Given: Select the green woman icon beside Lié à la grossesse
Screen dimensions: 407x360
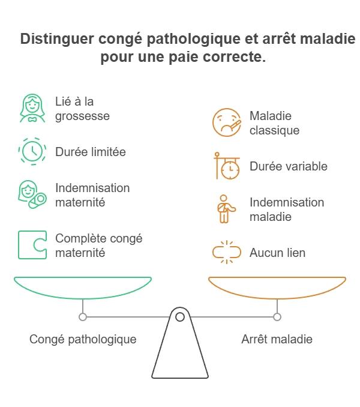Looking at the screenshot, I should point(32,108).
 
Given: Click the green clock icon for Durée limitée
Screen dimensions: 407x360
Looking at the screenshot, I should point(32,152).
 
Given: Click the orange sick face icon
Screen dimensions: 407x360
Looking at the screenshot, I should point(227,122).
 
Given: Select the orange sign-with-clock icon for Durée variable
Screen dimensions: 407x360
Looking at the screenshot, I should point(227,166).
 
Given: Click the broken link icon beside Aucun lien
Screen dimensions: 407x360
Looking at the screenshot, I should point(227,253).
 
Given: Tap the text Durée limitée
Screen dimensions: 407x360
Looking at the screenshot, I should point(90,152).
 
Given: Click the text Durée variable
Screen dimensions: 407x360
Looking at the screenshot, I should point(288,166).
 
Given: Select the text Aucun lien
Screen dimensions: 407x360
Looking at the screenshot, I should point(277,253).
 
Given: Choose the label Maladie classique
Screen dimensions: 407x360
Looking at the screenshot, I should point(274,122).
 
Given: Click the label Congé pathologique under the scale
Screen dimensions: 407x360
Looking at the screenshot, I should point(83,339).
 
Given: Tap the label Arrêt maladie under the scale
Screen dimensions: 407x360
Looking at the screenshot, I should point(277,339).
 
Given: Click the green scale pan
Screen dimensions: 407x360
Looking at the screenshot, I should point(83,287).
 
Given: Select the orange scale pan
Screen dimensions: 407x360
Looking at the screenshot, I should point(277,287).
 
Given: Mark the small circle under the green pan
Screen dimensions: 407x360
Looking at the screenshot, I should point(83,316).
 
